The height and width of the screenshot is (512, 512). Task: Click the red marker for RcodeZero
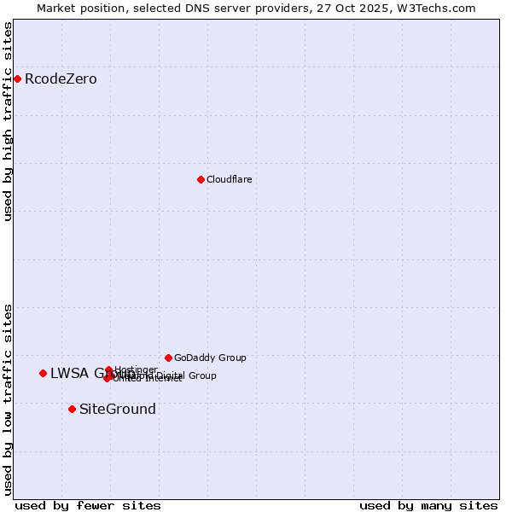[x=17, y=79]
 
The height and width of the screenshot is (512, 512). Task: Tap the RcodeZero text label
[x=61, y=79]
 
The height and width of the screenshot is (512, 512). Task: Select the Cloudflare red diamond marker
[x=201, y=179]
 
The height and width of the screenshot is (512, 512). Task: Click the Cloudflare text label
[x=229, y=179]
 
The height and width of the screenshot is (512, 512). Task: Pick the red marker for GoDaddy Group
[x=168, y=358]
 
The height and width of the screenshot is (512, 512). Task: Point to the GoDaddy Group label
[x=210, y=358]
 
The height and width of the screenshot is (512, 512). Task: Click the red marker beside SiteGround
[x=72, y=409]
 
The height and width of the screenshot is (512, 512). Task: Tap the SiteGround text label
[x=118, y=409]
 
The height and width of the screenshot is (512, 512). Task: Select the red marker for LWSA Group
[x=43, y=373]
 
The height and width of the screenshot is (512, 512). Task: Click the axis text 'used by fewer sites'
[x=88, y=505]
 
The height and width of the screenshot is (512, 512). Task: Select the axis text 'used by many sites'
[x=428, y=505]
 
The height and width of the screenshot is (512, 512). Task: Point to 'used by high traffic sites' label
[x=9, y=121]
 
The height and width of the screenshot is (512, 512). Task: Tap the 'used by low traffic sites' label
[x=9, y=399]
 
